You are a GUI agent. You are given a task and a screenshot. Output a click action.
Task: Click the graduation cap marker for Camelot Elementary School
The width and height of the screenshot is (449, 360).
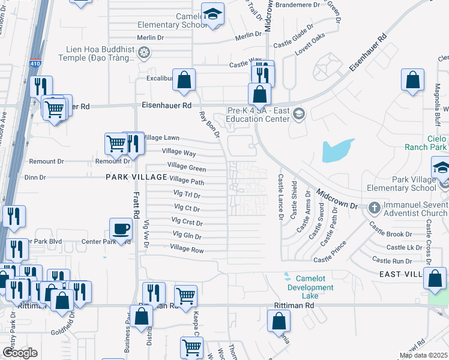[212, 14]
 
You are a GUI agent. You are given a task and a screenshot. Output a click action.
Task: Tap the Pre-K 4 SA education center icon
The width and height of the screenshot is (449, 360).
[300, 113]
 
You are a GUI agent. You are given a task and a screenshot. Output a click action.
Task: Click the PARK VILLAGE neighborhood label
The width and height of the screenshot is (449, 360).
[136, 177]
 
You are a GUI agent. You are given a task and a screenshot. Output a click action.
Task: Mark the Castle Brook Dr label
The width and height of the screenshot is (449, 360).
[391, 233]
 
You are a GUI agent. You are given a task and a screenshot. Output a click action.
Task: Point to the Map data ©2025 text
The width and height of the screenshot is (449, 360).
[423, 355]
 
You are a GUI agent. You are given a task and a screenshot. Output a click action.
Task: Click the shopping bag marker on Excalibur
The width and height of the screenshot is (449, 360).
[184, 79]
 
